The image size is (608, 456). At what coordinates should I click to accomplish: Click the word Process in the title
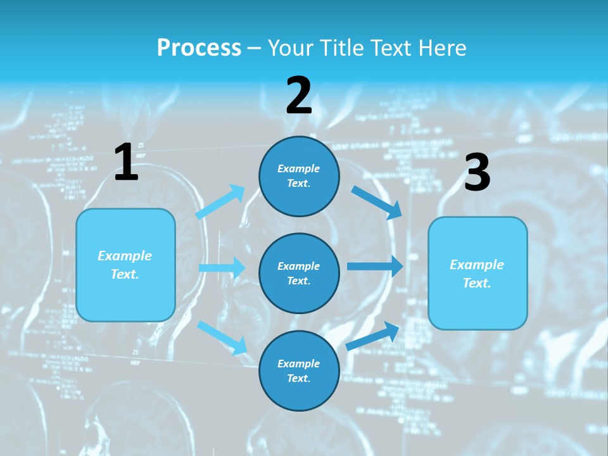(199, 47)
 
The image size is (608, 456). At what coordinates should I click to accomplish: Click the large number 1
(126, 162)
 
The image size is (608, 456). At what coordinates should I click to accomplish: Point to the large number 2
(299, 96)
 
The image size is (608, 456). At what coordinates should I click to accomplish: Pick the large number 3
(477, 173)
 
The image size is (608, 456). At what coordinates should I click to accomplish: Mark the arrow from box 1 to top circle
(220, 202)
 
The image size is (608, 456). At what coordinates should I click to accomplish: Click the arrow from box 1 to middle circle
(222, 268)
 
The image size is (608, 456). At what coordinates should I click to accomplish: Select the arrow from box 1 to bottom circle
(222, 337)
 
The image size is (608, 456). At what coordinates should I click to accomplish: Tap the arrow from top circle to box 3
(376, 202)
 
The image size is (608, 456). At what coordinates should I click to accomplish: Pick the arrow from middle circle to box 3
(375, 266)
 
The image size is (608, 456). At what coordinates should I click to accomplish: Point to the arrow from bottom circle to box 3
(373, 336)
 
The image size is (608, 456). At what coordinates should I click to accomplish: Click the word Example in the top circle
(299, 168)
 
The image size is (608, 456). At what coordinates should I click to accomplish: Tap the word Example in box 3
(477, 265)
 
